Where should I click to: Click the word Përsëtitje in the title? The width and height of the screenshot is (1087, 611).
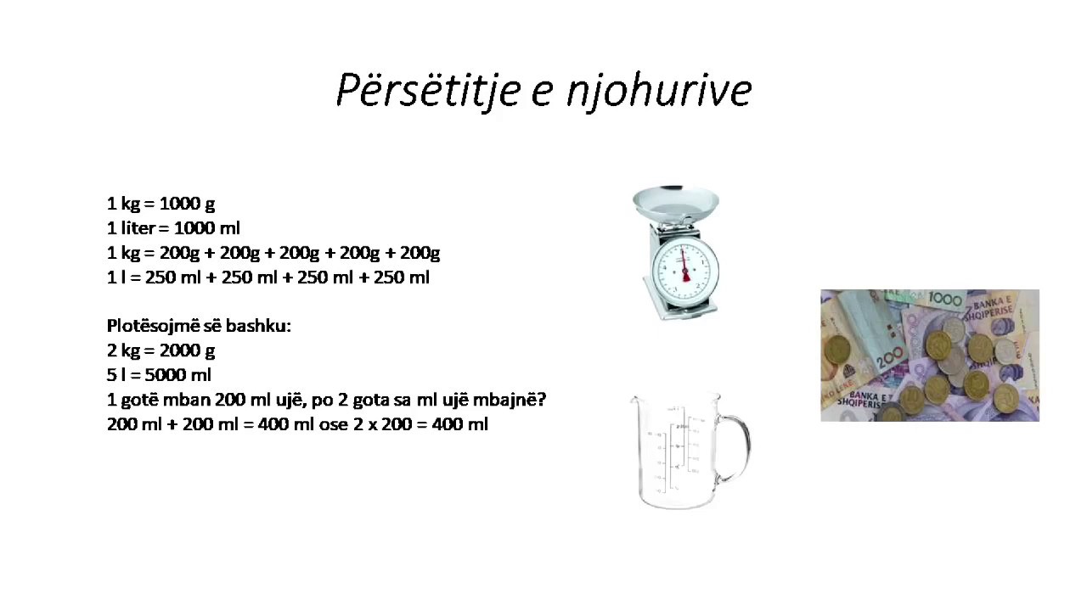(x=429, y=90)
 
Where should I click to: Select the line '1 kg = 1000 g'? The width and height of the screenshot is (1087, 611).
(x=161, y=204)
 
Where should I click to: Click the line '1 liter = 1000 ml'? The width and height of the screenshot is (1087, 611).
(x=173, y=228)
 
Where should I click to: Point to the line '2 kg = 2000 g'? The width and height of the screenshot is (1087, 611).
(x=161, y=350)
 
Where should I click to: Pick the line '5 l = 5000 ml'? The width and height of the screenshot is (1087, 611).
(x=159, y=375)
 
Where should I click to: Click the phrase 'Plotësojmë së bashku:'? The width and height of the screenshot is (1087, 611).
(x=199, y=326)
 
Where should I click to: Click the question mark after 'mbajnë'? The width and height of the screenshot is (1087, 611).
(x=541, y=400)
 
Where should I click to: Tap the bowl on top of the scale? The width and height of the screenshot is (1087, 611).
(x=676, y=203)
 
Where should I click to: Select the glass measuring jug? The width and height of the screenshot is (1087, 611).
(x=679, y=450)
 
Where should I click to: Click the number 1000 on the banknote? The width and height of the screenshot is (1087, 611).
(x=945, y=300)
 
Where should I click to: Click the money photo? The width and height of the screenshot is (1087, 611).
(x=930, y=356)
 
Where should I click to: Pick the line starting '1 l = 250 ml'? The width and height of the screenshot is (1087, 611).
(x=268, y=277)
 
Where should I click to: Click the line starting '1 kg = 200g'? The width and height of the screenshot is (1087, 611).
(x=273, y=253)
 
